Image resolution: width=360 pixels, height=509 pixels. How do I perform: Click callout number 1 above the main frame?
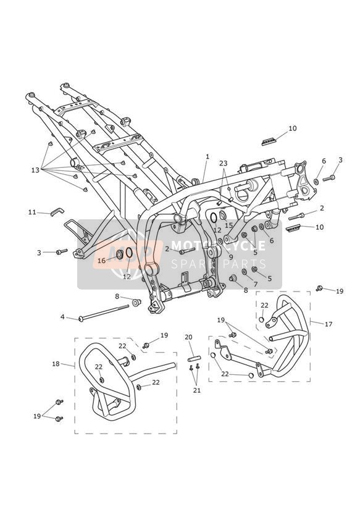(x=207, y=156)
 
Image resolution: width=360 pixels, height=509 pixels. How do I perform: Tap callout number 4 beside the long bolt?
(x=62, y=316)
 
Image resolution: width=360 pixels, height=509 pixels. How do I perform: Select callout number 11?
(x=32, y=212)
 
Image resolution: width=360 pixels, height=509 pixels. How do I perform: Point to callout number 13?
(x=35, y=170)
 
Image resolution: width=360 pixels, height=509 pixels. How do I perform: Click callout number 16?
(x=102, y=260)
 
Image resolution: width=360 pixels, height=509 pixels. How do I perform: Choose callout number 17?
(x=329, y=324)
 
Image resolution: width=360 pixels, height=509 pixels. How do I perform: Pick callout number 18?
(x=56, y=364)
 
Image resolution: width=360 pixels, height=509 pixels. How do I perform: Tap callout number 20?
(x=188, y=337)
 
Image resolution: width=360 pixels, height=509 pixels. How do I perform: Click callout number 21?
(x=197, y=390)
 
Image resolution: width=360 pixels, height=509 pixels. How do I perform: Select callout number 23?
(x=224, y=163)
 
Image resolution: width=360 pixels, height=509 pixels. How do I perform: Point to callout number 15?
(x=229, y=225)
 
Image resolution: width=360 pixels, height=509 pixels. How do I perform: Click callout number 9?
(x=231, y=256)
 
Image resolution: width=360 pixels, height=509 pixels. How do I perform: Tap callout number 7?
(x=256, y=284)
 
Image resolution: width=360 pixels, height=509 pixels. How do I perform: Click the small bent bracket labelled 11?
(x=57, y=212)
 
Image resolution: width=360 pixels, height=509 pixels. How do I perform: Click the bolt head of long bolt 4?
(x=80, y=319)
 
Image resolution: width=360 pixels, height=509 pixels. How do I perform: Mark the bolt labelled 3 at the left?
(x=62, y=251)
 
